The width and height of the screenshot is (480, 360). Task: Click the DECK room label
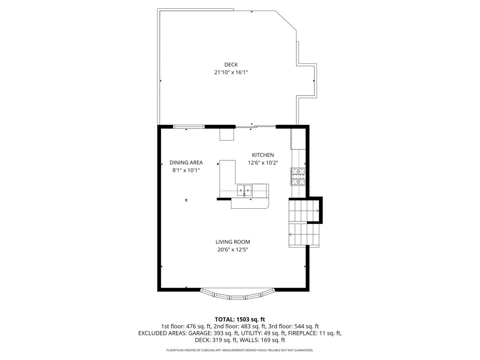click(x=231, y=65)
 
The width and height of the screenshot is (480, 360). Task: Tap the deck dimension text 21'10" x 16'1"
click(x=231, y=72)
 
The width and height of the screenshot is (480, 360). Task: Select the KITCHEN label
click(x=263, y=155)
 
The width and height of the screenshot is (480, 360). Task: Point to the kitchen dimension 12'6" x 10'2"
click(x=263, y=163)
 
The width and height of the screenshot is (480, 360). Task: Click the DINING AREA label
click(x=186, y=163)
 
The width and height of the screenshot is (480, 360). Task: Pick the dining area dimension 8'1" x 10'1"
click(x=186, y=170)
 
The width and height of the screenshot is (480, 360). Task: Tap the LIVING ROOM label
click(x=233, y=242)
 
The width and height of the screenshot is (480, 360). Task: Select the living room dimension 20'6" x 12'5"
click(x=233, y=250)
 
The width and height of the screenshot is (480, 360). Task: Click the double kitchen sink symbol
click(x=244, y=190)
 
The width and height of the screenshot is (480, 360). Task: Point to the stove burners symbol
click(x=298, y=176)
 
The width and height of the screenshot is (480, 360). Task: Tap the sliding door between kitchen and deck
click(x=256, y=126)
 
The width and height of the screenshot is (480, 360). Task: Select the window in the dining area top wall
click(x=189, y=127)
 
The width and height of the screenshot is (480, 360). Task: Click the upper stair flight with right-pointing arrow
click(x=303, y=211)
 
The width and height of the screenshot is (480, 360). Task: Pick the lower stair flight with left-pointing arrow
click(x=303, y=234)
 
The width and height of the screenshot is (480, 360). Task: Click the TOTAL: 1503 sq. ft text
click(x=240, y=319)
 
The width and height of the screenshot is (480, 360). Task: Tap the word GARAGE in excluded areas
click(x=199, y=333)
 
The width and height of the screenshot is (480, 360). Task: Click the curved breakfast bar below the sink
click(x=250, y=204)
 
